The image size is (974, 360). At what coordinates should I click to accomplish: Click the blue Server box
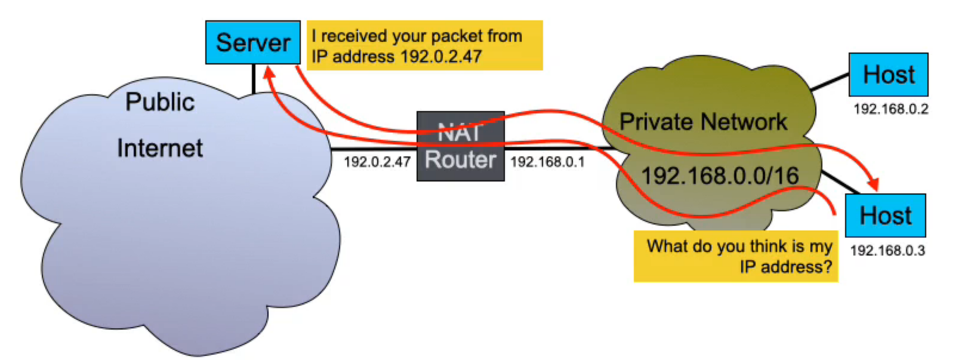coord(252,42)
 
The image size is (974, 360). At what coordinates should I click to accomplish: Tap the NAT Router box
coord(460,146)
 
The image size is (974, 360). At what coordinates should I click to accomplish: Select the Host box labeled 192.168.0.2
coord(888,75)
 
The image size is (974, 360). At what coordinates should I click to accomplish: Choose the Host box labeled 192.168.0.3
coord(885,216)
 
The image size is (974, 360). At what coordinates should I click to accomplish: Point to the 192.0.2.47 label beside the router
coord(377,162)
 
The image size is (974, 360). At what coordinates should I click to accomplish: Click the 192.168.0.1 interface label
coord(547,162)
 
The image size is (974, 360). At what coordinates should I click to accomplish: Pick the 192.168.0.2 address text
coord(890,109)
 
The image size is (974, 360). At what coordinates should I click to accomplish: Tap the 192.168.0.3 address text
coord(887,251)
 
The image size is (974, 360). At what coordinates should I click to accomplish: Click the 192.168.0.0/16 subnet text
coord(719,176)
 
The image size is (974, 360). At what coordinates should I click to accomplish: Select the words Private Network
coord(703,122)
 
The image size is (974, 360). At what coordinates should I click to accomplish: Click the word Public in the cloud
coord(160,102)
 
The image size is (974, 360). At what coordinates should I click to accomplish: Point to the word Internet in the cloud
coord(160,148)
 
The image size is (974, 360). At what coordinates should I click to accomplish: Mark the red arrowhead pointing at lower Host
coord(875,184)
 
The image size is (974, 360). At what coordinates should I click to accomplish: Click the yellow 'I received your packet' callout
coord(424,45)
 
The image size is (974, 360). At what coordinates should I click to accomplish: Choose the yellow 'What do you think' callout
coord(735,256)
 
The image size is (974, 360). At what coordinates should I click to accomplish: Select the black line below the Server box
coord(254,78)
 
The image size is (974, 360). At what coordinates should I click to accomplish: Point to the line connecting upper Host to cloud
coord(830,82)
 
